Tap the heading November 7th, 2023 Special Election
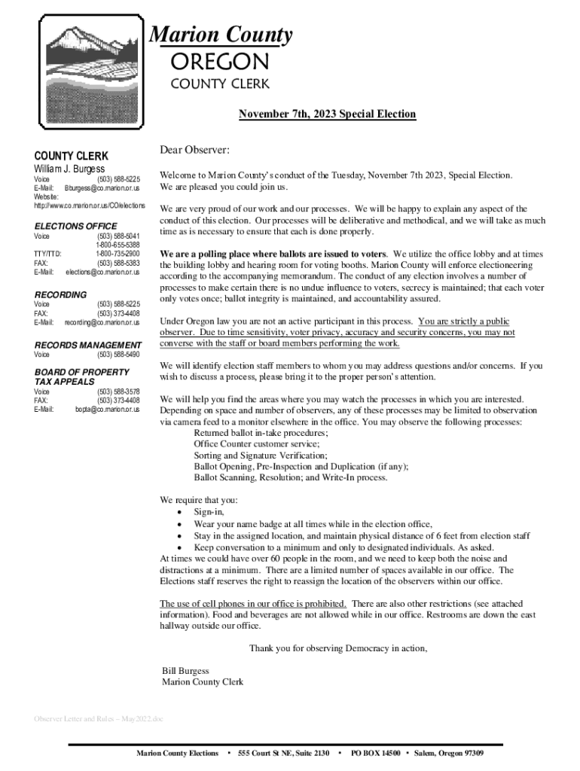coord(327,114)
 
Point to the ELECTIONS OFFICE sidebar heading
coord(76,226)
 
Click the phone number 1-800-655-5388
coord(118,245)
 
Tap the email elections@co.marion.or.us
coord(102,273)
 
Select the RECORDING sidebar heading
coord(61,294)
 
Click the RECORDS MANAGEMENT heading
coord(88,345)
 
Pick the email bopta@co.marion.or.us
coord(107,410)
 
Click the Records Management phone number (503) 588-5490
coord(118,355)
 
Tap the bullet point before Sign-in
coord(179,512)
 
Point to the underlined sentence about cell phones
coord(253,604)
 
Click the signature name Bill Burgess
coord(185,671)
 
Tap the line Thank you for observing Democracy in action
coord(338,648)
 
